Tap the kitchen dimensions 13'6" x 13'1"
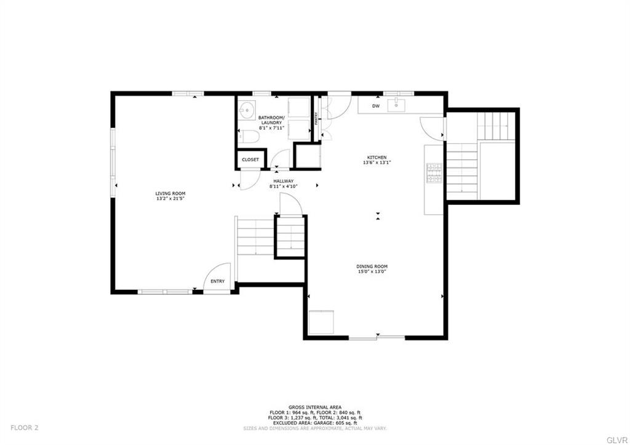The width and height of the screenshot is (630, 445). (x=377, y=162)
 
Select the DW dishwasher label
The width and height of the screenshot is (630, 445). (x=375, y=106)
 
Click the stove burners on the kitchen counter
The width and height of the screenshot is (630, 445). (x=434, y=174)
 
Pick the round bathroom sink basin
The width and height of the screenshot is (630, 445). (x=249, y=111)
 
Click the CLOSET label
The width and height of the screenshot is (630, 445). (x=250, y=159)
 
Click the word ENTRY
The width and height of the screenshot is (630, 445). (x=218, y=281)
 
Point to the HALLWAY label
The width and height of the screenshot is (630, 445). (x=284, y=181)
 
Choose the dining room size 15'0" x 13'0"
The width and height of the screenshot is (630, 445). (x=372, y=271)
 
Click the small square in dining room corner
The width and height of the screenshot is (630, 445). (x=321, y=322)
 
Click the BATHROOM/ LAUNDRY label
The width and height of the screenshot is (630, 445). (x=271, y=120)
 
